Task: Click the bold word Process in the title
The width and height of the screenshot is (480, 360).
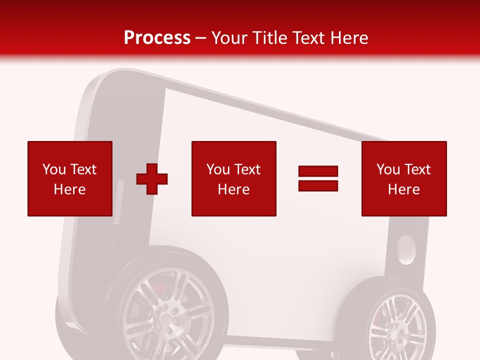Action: point(157,38)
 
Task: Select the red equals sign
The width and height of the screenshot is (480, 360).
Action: point(318,178)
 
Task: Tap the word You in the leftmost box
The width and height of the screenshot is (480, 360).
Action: point(54,169)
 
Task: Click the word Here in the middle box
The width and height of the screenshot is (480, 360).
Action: point(233,189)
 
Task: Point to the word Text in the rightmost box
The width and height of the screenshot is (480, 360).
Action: point(417,169)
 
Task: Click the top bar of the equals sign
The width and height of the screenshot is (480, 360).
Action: point(318,171)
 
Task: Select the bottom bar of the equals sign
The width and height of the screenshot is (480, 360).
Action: point(318,185)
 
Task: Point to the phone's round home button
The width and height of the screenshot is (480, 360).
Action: point(406,250)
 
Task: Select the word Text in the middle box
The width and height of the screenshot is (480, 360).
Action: point(247,169)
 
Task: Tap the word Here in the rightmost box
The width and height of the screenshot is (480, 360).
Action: point(403,189)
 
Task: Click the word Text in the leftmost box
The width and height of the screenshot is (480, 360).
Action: point(83,169)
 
